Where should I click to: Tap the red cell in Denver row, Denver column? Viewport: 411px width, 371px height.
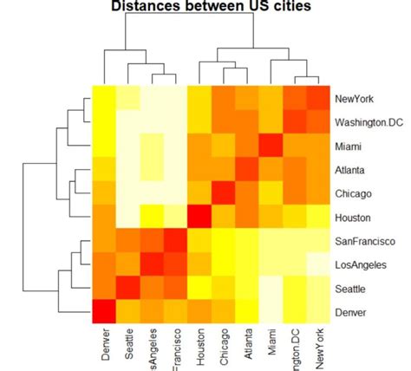point(105,311)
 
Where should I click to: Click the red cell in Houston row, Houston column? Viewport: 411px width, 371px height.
point(199,216)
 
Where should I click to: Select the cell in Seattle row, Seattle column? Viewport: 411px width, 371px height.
point(128,287)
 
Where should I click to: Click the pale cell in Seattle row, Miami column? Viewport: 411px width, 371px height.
point(271,287)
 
